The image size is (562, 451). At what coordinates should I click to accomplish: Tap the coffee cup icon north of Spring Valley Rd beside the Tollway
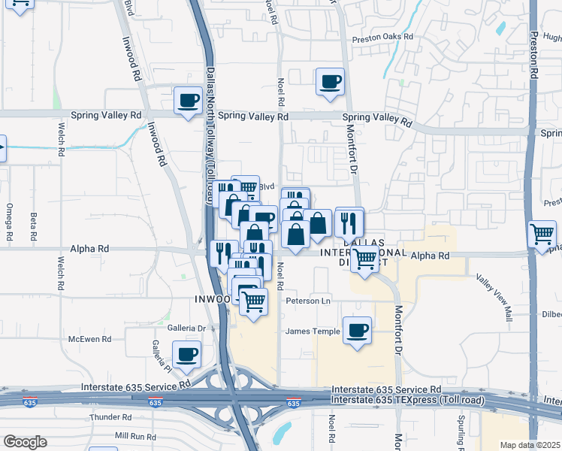pyautogui.click(x=188, y=100)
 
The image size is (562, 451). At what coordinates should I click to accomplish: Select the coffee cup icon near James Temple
pyautogui.click(x=357, y=329)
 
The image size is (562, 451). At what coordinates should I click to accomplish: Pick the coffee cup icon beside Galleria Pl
pyautogui.click(x=186, y=353)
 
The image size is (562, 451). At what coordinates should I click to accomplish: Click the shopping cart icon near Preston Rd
pyautogui.click(x=542, y=234)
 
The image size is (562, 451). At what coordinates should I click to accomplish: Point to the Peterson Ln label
pyautogui.click(x=308, y=301)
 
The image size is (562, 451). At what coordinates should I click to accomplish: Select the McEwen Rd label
pyautogui.click(x=89, y=339)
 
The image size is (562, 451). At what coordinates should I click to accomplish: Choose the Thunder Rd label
pyautogui.click(x=110, y=417)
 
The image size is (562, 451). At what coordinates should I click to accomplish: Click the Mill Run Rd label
pyautogui.click(x=134, y=436)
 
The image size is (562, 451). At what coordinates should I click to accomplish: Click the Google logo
pyautogui.click(x=25, y=442)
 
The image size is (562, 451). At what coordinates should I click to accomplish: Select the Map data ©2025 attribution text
pyautogui.click(x=530, y=445)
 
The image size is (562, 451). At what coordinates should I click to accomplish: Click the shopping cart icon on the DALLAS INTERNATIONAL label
pyautogui.click(x=365, y=259)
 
